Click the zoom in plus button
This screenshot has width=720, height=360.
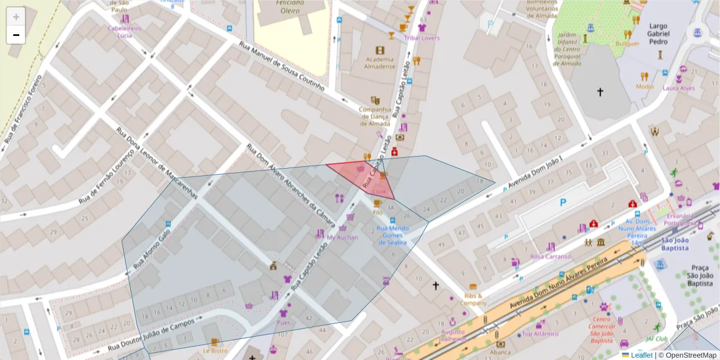click(16, 17)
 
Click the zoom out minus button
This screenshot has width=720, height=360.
click(16, 35)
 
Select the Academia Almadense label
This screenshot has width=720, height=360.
click(379, 62)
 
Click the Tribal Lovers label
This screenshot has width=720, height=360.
click(421, 38)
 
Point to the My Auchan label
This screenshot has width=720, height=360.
click(342, 237)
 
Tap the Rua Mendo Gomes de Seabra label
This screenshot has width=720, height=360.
click(393, 235)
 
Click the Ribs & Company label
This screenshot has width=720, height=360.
click(473, 299)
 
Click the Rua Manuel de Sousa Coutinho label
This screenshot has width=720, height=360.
click(281, 66)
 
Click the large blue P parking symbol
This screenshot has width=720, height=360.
click(563, 203)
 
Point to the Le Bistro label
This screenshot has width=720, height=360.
click(215, 350)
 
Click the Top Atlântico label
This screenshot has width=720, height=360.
click(540, 334)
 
